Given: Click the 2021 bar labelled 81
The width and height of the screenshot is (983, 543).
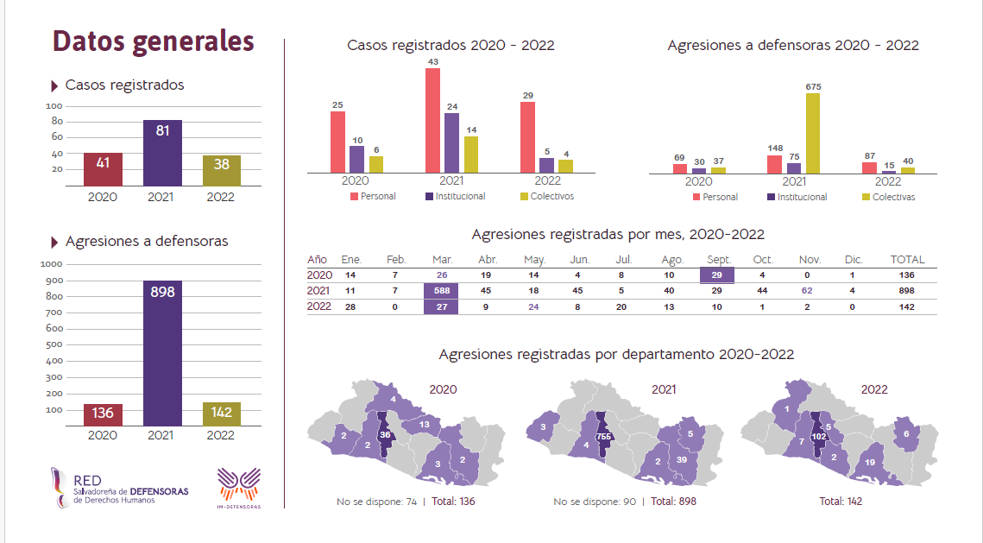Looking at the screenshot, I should pyautogui.click(x=162, y=153).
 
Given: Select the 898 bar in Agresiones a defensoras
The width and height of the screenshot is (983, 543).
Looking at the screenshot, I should pyautogui.click(x=162, y=354).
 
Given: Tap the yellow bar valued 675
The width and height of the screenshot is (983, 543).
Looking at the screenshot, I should pyautogui.click(x=812, y=134).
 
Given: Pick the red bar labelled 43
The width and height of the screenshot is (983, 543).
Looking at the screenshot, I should pyautogui.click(x=432, y=121).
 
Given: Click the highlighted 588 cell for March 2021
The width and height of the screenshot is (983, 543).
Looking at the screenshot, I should pyautogui.click(x=441, y=291).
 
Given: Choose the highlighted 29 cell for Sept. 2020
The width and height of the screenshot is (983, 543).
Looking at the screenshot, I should pyautogui.click(x=717, y=275).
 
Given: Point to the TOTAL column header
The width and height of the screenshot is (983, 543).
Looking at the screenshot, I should pyautogui.click(x=907, y=259).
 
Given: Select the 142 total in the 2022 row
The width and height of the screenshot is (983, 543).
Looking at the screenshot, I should pyautogui.click(x=907, y=306).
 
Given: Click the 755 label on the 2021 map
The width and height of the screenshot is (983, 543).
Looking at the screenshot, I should pyautogui.click(x=604, y=437).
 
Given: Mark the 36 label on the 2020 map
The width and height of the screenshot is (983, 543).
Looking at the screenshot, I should pyautogui.click(x=386, y=435).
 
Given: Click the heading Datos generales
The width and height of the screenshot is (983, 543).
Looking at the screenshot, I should pyautogui.click(x=154, y=41).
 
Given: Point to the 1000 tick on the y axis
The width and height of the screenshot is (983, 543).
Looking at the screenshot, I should pyautogui.click(x=53, y=264).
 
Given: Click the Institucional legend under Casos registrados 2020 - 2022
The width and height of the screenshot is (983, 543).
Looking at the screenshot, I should pyautogui.click(x=455, y=196).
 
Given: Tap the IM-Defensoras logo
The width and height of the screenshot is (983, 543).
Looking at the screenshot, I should pyautogui.click(x=238, y=487).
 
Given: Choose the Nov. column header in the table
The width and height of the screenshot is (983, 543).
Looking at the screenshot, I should pyautogui.click(x=809, y=259).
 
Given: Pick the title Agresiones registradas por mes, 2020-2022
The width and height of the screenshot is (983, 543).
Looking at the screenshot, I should pyautogui.click(x=618, y=234).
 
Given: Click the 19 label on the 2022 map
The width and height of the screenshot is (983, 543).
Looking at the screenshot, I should pyautogui.click(x=870, y=462).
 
